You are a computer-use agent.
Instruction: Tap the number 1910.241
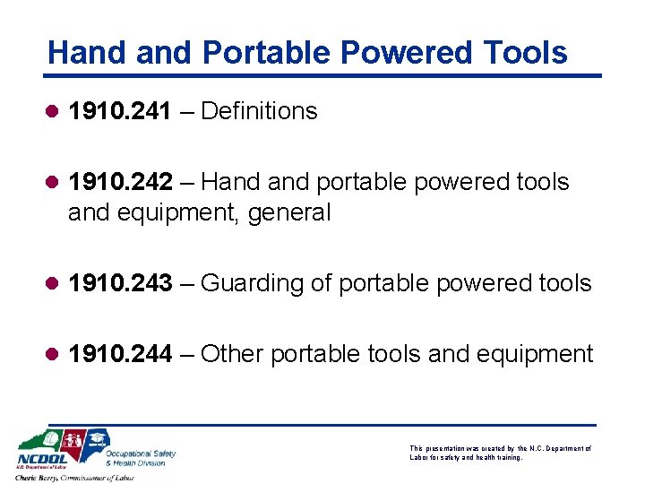120,111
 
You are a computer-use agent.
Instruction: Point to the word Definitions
260,111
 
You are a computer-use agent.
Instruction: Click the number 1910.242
120,182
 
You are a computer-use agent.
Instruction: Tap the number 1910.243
120,283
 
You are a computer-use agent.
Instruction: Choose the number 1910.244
120,354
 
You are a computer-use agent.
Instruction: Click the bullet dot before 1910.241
54,112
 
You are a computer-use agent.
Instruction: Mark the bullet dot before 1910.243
54,284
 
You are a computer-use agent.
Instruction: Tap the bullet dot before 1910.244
54,355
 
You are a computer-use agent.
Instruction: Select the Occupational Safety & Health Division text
141,457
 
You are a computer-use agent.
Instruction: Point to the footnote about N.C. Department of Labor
500,453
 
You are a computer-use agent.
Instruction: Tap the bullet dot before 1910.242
54,183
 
